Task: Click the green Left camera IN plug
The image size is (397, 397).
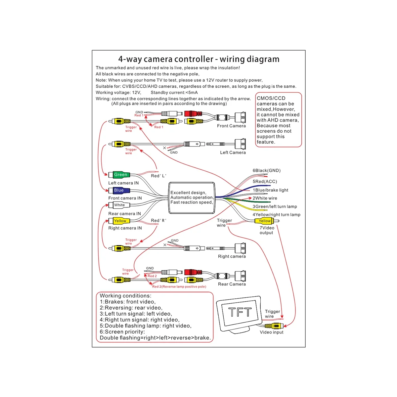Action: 120,175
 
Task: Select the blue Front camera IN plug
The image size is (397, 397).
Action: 119,190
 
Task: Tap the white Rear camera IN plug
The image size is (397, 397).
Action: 119,205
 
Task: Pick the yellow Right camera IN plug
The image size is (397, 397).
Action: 120,221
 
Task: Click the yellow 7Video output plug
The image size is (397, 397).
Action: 264,221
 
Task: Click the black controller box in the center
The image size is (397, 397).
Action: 192,197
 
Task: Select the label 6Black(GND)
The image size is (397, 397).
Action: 267,171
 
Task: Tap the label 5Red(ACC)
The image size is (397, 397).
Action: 265,181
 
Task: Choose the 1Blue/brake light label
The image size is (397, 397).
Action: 271,190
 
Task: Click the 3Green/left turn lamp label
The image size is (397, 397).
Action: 275,206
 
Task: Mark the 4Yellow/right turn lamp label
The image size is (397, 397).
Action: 277,215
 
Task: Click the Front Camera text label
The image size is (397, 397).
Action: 231,126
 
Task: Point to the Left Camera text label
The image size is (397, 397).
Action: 233,153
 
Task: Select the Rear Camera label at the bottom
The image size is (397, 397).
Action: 232,284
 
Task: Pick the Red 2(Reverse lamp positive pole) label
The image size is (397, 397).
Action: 179,287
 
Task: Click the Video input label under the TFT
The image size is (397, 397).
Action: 272,332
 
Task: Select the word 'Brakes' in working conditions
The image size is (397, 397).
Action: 115,302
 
